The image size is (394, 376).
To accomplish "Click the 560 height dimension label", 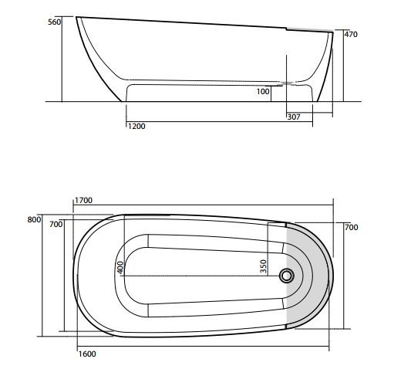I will click(x=54, y=23).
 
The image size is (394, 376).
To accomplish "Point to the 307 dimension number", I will click(x=294, y=117).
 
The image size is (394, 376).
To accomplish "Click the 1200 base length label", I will click(x=136, y=126).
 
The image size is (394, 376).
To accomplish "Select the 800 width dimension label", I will click(x=33, y=220).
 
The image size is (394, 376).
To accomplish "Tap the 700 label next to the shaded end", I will click(x=351, y=228).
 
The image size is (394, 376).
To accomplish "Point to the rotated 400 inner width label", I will click(x=120, y=266).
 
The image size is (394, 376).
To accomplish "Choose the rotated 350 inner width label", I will click(x=264, y=266).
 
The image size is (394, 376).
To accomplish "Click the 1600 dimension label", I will click(x=87, y=354).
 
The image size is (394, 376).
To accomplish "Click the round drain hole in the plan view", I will click(x=289, y=276).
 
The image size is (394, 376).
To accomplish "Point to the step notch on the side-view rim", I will click(x=286, y=29).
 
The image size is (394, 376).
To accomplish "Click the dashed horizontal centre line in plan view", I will click(x=200, y=276).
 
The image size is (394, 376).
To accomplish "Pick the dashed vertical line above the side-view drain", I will click(x=288, y=66).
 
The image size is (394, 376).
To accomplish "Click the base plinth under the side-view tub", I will click(x=220, y=93).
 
